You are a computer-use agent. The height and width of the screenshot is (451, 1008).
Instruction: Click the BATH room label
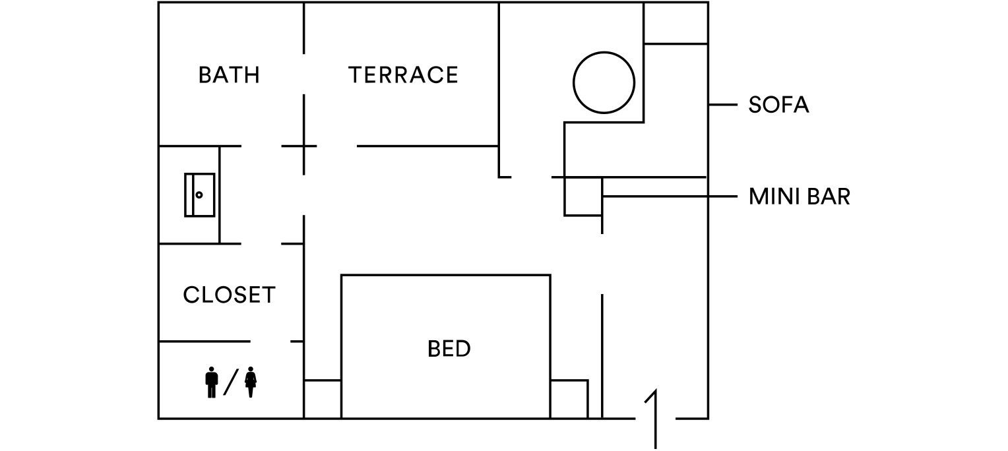229,75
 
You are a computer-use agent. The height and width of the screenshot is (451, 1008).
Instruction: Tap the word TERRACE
403,75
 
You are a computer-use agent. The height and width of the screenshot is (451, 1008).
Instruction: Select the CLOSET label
229,295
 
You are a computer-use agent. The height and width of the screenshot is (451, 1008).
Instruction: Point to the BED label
449,349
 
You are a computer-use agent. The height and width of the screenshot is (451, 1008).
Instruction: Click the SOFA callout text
778,105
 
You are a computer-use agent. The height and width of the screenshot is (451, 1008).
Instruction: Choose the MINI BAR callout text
800,196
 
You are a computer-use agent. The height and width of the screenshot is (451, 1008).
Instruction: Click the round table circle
604,82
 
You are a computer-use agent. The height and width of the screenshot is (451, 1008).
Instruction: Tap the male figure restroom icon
212,382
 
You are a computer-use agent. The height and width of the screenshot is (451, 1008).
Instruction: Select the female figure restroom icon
251,382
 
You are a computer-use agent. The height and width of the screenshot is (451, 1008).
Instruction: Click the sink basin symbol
199,195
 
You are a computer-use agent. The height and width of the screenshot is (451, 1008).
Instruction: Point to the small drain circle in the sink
199,195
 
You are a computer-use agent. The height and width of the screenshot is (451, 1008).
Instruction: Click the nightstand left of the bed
322,400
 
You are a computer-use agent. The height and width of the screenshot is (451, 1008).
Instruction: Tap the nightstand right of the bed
569,400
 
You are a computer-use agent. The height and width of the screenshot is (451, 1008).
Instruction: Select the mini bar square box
583,196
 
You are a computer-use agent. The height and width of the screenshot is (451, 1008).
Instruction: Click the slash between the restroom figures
231,382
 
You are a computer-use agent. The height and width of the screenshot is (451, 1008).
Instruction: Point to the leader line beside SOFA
723,105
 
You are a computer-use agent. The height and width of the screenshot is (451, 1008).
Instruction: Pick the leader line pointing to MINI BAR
670,196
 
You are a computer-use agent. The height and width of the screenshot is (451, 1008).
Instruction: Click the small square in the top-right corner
676,23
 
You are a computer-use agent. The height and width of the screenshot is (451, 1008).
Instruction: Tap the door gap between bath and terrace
303,74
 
